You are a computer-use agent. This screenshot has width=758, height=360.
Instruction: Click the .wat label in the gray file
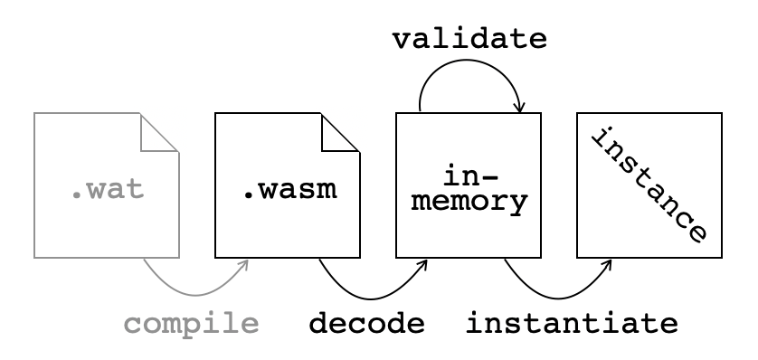[107, 191]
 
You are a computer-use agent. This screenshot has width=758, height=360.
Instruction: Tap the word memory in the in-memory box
[468, 202]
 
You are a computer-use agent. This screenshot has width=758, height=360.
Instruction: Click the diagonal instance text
[648, 185]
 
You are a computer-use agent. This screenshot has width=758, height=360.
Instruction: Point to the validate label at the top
[469, 40]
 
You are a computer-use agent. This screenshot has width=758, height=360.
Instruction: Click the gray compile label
[191, 323]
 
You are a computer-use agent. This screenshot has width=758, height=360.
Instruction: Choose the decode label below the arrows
[366, 323]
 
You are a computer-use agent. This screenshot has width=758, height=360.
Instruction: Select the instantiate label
[571, 323]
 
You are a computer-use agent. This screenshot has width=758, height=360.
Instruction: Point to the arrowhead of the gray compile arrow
[244, 264]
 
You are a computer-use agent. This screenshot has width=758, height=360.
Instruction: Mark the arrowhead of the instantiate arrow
[607, 264]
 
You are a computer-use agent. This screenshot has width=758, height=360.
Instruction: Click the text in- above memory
[468, 174]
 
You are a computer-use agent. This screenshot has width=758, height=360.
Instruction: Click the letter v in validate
[403, 40]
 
